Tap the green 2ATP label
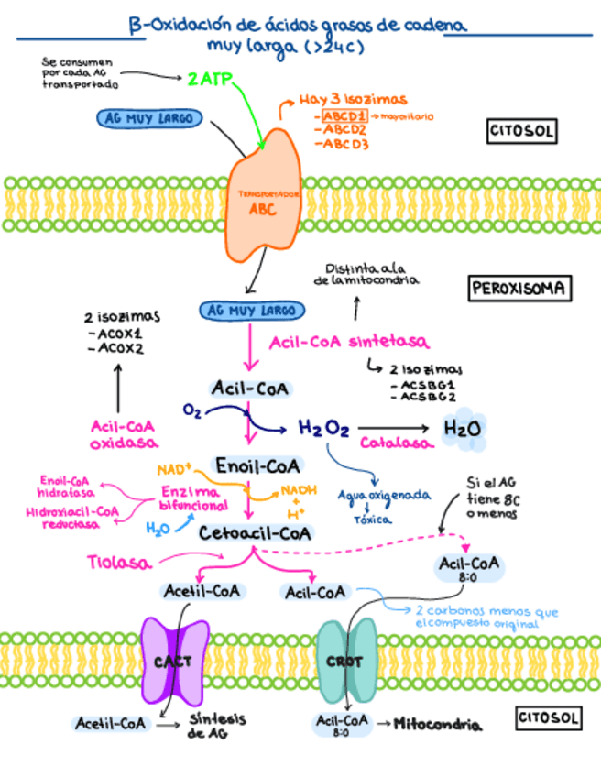click(210, 80)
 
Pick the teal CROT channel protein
click(345, 661)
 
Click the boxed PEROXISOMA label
click(519, 290)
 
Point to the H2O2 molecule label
click(323, 428)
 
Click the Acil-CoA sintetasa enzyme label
click(349, 342)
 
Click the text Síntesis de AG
click(217, 726)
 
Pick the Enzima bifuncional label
click(192, 498)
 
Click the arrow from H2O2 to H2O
click(396, 427)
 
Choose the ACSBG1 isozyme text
click(423, 386)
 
